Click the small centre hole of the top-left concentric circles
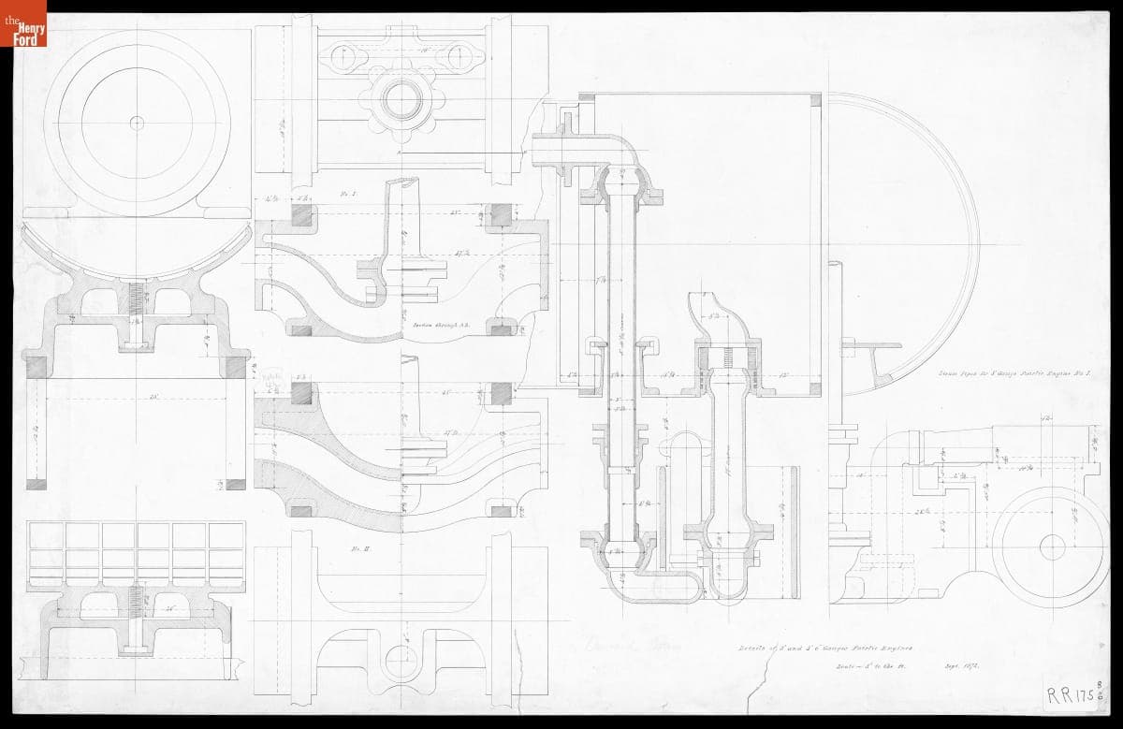pyautogui.click(x=137, y=122)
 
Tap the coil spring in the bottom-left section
pyautogui.click(x=137, y=595)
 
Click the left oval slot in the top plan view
pyautogui.click(x=347, y=55)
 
